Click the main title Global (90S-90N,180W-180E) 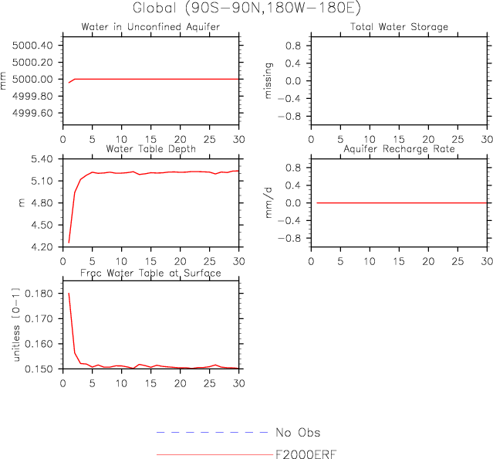pyautogui.click(x=246, y=9)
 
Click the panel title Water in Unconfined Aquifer pyautogui.click(x=150, y=27)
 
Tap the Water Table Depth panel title pyautogui.click(x=150, y=148)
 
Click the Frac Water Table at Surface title pyautogui.click(x=152, y=273)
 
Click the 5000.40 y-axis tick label pyautogui.click(x=33, y=45)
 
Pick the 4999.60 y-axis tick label pyautogui.click(x=33, y=113)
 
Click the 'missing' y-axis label pyautogui.click(x=269, y=81)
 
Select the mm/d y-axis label pyautogui.click(x=269, y=202)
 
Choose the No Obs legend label pyautogui.click(x=297, y=433)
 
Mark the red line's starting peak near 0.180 pyautogui.click(x=69, y=294)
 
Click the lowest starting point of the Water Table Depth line pyautogui.click(x=69, y=242)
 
